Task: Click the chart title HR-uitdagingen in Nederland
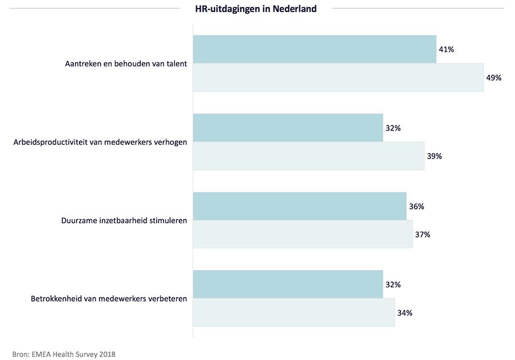tap(256, 9)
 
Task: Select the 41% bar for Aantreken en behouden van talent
tap(315, 49)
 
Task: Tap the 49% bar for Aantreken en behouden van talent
tap(338, 77)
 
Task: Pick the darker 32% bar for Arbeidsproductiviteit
tap(288, 128)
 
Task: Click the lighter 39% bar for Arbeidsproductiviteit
tap(308, 156)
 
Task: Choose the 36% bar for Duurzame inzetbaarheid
tap(300, 206)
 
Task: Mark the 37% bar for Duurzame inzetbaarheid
tap(303, 234)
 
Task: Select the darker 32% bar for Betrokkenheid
tap(288, 284)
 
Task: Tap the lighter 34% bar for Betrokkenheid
tap(294, 312)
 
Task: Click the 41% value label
tap(446, 50)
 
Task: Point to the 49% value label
tap(493, 78)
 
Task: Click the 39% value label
tap(434, 156)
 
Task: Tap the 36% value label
tap(416, 207)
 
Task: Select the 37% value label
tap(422, 235)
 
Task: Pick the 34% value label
tap(405, 313)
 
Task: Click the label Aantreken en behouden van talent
tap(126, 64)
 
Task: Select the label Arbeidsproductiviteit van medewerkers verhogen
tap(100, 142)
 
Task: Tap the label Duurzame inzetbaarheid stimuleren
tap(124, 220)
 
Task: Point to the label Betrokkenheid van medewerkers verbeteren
tap(108, 299)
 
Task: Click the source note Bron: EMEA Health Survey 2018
tap(64, 354)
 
